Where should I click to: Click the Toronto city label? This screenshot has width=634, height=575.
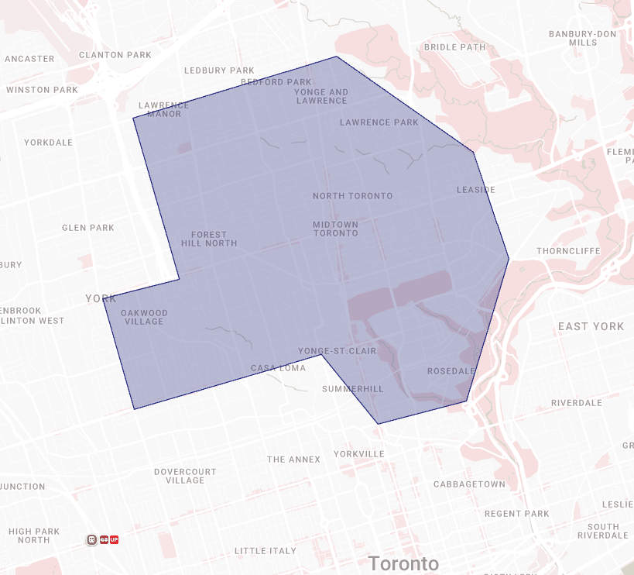coord(403,563)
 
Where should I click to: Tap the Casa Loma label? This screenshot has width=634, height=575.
coord(279,368)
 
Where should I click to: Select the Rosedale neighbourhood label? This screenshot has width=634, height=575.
coord(451,371)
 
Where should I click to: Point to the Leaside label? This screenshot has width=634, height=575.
coord(475,190)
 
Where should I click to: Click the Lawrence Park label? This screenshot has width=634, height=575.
coord(379,122)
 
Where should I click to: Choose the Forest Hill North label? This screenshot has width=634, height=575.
coord(209,239)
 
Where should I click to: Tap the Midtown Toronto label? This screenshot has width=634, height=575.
coord(336,229)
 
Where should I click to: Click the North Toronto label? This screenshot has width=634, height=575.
coord(352,196)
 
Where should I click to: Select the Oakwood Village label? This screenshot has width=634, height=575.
coord(145,318)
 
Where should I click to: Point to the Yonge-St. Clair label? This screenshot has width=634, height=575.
coord(337,351)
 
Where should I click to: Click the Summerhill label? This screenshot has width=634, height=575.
coord(353,389)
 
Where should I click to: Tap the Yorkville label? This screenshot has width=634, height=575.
coord(359,454)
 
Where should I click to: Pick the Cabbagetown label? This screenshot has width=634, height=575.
coord(469,484)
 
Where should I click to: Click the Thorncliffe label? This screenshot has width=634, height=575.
coord(568,251)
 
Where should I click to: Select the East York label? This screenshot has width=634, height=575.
coord(591,326)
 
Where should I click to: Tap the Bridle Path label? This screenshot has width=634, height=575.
coord(454,47)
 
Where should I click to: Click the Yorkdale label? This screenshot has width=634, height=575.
coord(48,143)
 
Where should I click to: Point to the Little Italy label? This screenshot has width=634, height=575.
coord(265,551)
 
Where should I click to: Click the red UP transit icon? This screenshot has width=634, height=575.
coord(114,539)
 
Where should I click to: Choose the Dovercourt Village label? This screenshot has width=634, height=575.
coord(185,476)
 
